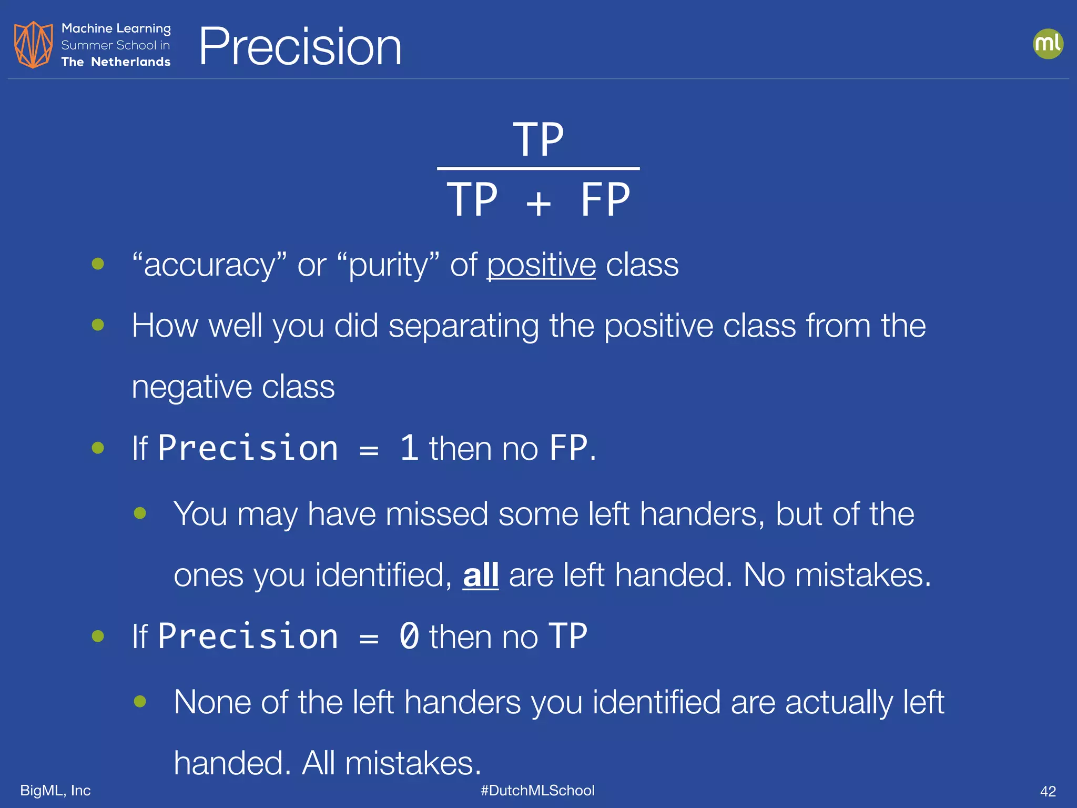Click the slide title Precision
300,47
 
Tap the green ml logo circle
1048,44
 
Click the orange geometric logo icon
33,45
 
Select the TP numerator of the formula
538,139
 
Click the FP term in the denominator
605,200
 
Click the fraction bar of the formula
538,168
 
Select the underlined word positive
541,265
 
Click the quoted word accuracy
209,265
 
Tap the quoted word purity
388,265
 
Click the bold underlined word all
480,574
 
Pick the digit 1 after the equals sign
409,448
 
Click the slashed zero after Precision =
409,636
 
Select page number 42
1048,791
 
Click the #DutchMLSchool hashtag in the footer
537,790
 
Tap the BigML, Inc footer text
55,790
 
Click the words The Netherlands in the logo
116,62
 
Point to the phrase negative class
233,387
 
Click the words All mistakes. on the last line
391,763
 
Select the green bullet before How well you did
98,325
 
